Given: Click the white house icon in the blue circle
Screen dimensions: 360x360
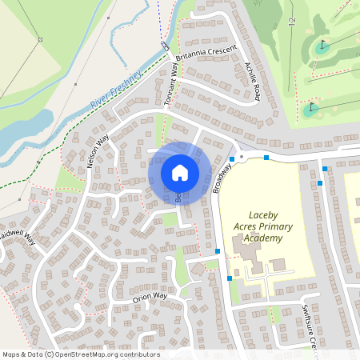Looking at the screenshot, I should point(180,172).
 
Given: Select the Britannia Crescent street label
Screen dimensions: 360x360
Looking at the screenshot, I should point(210,50).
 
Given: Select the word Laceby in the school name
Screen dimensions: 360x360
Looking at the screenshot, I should point(263,215).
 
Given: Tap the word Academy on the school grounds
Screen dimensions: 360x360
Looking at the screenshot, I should point(265,239).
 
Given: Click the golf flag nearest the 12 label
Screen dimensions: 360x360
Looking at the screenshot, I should point(323,45).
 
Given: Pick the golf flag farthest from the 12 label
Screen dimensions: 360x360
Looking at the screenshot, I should point(311,107).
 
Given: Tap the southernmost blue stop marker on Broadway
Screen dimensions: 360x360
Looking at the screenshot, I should point(230,278).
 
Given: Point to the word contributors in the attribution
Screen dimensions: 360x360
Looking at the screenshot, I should point(138,354).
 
